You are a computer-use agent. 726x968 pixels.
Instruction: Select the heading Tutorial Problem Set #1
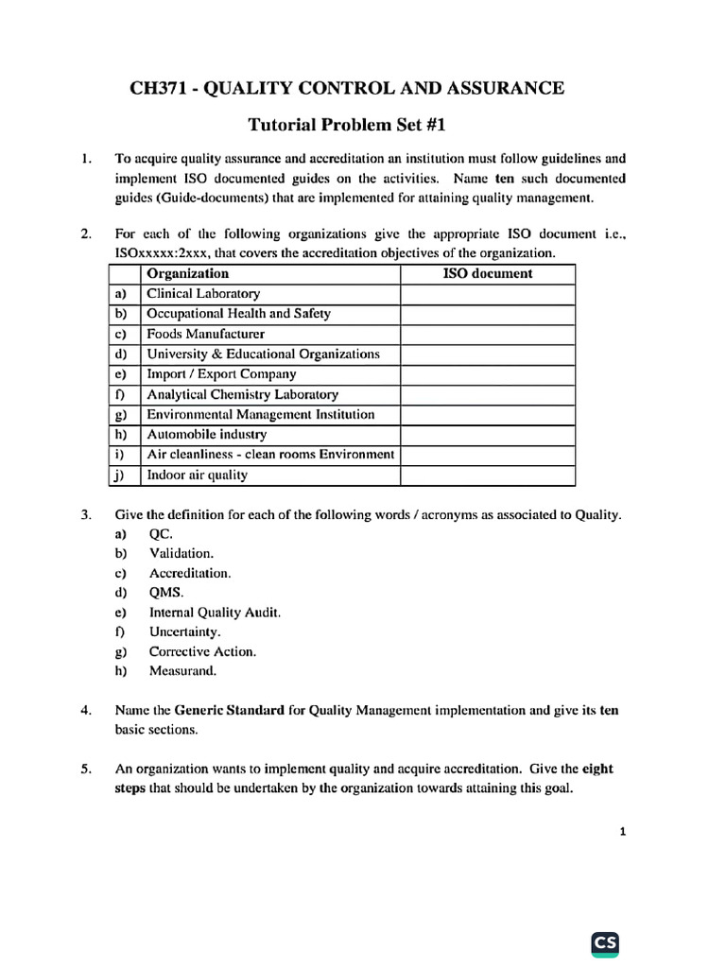tap(346, 124)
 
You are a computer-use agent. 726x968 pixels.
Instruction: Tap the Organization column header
tap(187, 274)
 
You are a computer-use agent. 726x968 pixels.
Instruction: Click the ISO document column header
tap(488, 274)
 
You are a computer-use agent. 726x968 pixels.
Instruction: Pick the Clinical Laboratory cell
tap(203, 294)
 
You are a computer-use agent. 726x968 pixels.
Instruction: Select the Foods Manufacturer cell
tap(205, 334)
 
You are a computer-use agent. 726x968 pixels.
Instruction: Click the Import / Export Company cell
tap(221, 374)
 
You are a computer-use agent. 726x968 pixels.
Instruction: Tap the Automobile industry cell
tap(206, 435)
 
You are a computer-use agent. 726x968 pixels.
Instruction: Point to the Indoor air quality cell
tap(197, 475)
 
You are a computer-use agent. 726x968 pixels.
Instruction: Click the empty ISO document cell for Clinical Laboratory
tap(488, 294)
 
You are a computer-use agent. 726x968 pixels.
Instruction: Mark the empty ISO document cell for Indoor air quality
tap(488, 475)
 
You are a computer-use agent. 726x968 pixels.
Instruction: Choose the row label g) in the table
tap(121, 415)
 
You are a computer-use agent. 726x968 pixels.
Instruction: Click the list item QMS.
tap(166, 593)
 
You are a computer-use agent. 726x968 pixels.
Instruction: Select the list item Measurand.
tap(182, 672)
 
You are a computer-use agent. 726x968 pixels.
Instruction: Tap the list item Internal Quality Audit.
tap(215, 613)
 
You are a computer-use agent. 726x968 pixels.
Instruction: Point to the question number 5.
tap(86, 769)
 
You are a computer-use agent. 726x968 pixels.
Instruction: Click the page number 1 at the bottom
tap(622, 833)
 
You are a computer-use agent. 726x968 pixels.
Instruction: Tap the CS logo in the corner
tap(606, 942)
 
